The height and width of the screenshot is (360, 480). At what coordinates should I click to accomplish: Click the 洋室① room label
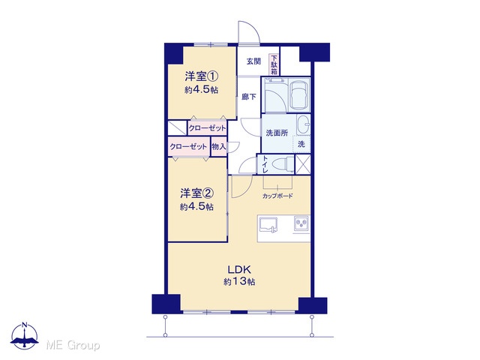[202, 76]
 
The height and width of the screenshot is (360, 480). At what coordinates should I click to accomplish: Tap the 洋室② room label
[196, 193]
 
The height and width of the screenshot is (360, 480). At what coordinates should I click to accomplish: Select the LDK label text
[239, 270]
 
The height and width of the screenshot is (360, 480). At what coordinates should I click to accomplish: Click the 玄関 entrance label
[253, 61]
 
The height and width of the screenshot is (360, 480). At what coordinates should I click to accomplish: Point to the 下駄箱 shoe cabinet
[274, 64]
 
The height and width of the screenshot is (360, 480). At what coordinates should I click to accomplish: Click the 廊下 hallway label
[249, 97]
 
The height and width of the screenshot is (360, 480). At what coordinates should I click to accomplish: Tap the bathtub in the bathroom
[300, 94]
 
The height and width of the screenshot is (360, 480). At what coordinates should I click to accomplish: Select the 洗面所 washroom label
[277, 133]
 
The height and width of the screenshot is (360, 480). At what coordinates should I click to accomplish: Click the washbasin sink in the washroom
[303, 124]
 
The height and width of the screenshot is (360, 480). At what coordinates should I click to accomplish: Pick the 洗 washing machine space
[301, 144]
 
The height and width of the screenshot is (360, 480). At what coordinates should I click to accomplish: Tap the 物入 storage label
[218, 147]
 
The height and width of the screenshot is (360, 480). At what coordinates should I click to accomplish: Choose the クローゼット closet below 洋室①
[207, 128]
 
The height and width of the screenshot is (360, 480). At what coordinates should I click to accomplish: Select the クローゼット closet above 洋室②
[188, 147]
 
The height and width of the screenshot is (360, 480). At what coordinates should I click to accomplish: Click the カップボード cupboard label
[277, 196]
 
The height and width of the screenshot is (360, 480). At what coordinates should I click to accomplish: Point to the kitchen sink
[268, 225]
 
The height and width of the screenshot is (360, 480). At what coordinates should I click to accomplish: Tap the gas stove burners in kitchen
[301, 223]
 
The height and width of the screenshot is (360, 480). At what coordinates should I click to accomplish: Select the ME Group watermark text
[73, 345]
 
